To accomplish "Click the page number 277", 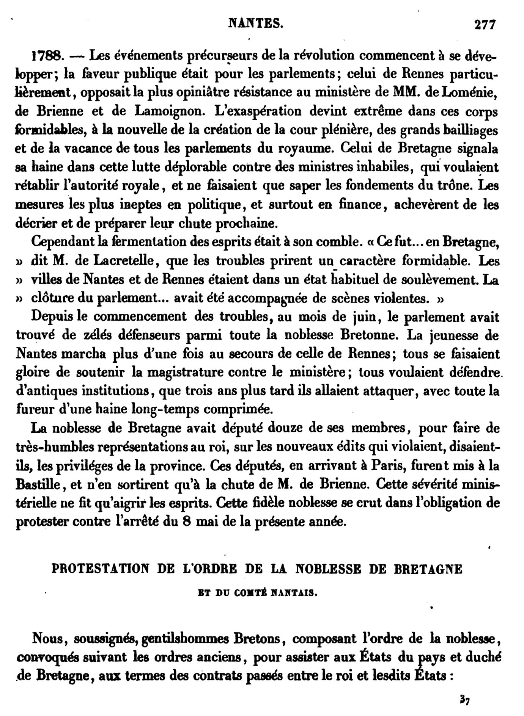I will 485,25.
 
